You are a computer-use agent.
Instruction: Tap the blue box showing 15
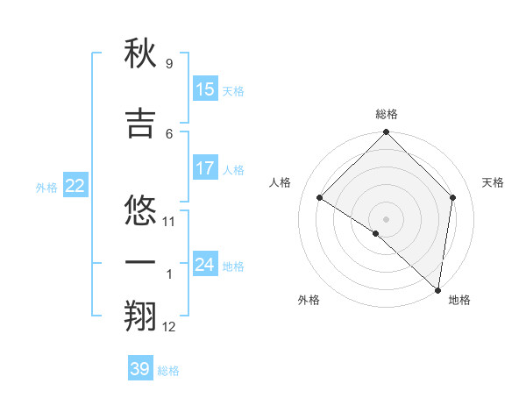[x=205, y=89]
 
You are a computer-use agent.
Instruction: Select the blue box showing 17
[x=205, y=168]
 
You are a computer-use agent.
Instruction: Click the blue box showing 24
[x=205, y=264]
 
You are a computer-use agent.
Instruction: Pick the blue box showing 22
[x=75, y=186]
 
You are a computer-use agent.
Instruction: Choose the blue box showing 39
[x=140, y=369]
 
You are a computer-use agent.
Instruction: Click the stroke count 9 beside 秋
[x=168, y=64]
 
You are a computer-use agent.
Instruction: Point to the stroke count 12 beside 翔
[x=169, y=327]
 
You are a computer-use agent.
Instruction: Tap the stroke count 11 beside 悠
[x=169, y=222]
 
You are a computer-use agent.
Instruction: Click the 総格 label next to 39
[x=168, y=371]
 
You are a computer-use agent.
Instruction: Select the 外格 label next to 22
[x=46, y=188]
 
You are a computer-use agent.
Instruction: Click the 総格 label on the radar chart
[x=387, y=114]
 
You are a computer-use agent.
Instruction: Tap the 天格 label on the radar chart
[x=494, y=182]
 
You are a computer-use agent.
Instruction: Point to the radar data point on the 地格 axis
[x=438, y=290]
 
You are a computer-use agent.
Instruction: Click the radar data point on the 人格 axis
[x=320, y=197]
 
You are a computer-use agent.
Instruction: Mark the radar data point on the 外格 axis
[x=375, y=233]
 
